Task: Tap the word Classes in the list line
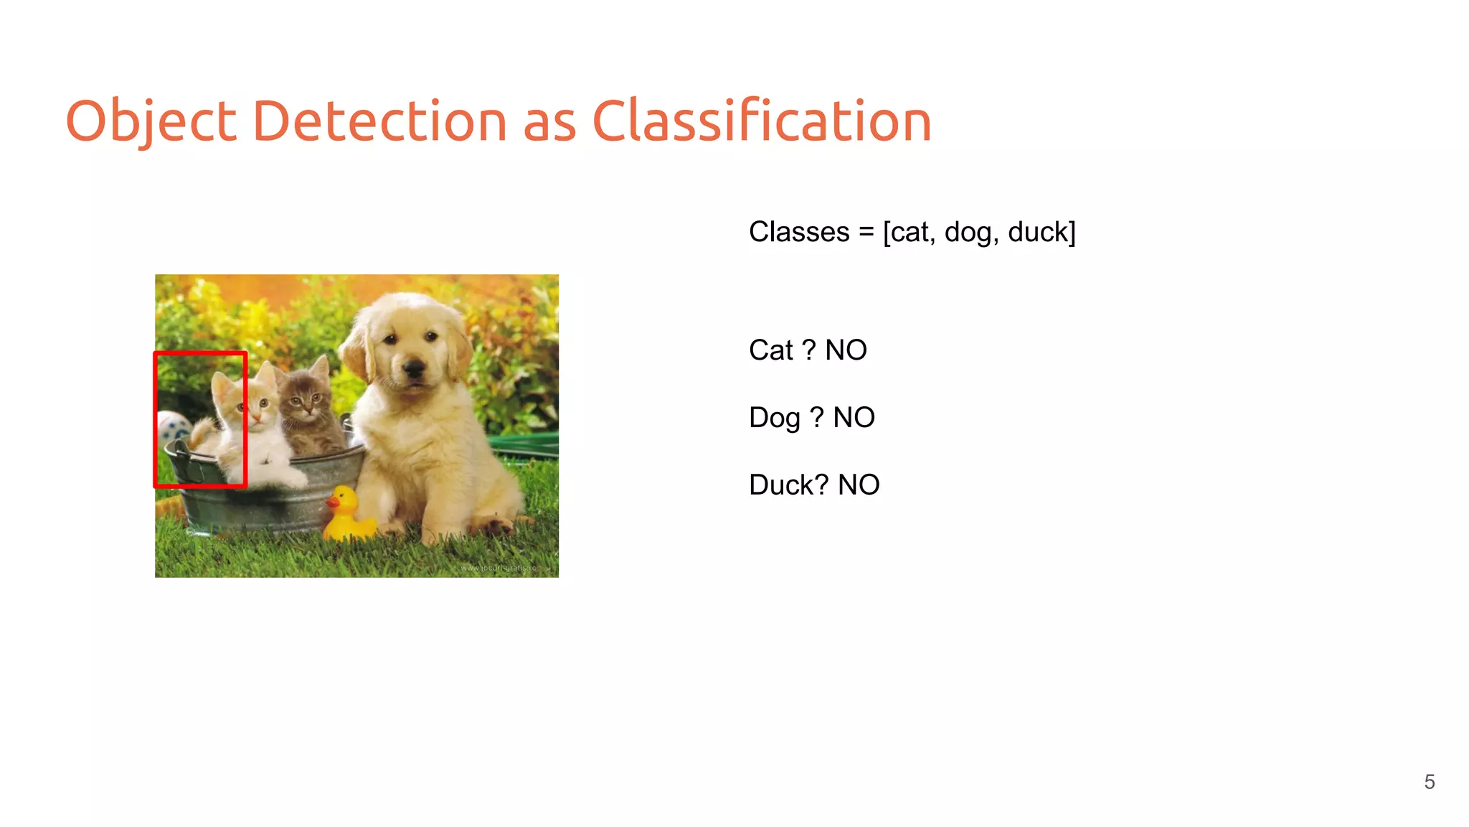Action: coord(799,233)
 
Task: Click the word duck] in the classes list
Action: coord(1041,233)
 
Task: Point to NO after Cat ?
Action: coord(846,351)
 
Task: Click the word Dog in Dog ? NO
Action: coord(774,418)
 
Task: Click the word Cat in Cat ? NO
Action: coord(770,351)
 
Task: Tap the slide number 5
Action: coord(1429,782)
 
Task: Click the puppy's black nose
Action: coord(414,368)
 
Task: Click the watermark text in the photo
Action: coord(498,568)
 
